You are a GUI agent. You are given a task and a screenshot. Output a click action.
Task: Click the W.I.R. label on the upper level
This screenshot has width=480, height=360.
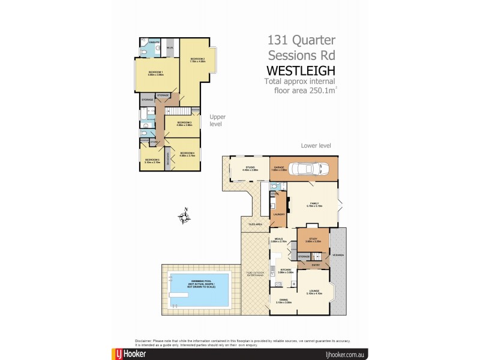170,48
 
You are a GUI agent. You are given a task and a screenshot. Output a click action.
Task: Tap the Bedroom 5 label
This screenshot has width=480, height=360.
152,160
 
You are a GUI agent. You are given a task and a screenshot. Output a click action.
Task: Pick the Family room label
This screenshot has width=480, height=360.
314,204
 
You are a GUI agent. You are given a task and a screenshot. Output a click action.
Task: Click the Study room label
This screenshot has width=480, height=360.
313,241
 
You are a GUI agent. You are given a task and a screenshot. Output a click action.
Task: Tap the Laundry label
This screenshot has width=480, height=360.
278,214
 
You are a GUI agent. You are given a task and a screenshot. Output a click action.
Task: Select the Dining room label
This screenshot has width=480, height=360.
284,302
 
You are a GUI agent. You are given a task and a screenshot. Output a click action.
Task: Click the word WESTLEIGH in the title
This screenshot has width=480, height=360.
301,71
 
